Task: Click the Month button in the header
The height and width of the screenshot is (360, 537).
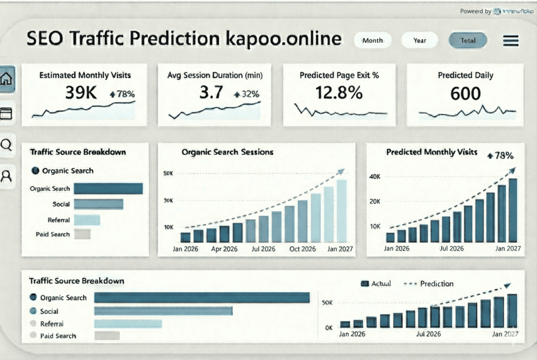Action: tap(372, 40)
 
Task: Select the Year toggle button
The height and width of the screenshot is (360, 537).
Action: tap(420, 40)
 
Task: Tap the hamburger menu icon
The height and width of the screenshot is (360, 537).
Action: tap(510, 41)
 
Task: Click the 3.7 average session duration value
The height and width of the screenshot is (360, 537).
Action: tap(211, 93)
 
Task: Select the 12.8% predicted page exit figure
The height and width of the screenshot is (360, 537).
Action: tap(339, 93)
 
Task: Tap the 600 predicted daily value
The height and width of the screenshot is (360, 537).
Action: tap(466, 93)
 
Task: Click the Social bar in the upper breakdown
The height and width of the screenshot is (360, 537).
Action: tap(98, 204)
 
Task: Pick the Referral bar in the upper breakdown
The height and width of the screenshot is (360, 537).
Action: tap(87, 220)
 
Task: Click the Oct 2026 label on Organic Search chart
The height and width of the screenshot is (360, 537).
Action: tap(303, 249)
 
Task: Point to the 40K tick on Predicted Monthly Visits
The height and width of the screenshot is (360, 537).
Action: tap(374, 177)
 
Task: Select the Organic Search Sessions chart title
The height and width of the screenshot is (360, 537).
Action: tap(227, 152)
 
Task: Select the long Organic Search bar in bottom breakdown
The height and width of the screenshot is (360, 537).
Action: tap(202, 298)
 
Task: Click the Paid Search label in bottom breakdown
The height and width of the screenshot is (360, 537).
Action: tap(58, 336)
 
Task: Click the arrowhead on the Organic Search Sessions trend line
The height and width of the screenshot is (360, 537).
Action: tap(341, 171)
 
